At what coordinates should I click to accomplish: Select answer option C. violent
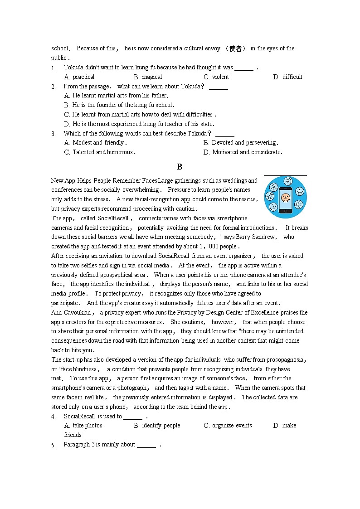click(x=216, y=77)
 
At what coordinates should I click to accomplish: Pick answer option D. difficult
click(x=287, y=77)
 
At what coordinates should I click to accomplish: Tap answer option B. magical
click(x=148, y=77)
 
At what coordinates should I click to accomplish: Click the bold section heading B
click(x=180, y=167)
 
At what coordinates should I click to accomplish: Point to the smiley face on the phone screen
click(x=285, y=198)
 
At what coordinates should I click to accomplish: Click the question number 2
click(x=54, y=87)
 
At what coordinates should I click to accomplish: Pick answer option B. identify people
click(x=157, y=426)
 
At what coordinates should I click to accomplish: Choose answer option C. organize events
click(x=228, y=426)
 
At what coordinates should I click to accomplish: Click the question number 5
click(x=54, y=445)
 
